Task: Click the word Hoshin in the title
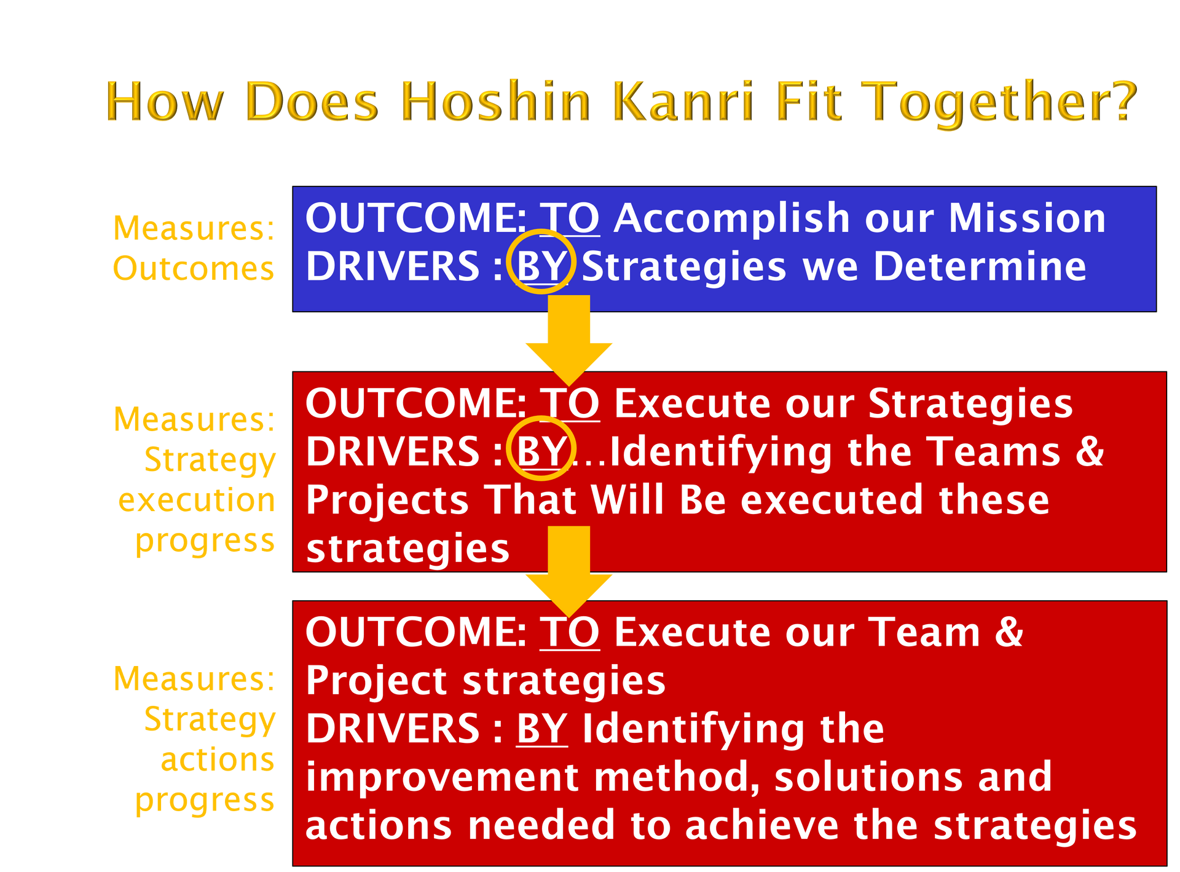(x=497, y=101)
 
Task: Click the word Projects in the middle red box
(x=388, y=500)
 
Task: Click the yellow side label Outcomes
(x=194, y=269)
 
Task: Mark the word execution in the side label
(x=197, y=500)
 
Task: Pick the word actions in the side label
(x=218, y=759)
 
